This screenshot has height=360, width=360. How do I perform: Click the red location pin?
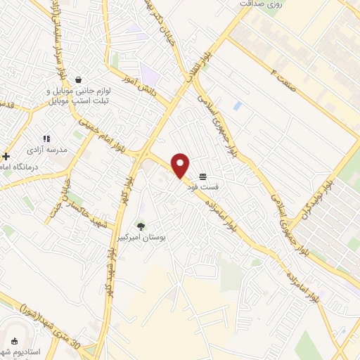coord(181,165)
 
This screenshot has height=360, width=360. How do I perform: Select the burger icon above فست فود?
coord(202,176)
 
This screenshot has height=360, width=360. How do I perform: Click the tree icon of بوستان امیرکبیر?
coord(141,227)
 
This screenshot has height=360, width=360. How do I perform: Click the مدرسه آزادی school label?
coord(39,150)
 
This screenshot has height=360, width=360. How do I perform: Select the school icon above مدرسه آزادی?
coord(46,139)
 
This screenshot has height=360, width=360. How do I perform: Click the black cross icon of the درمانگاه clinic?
coord(6,156)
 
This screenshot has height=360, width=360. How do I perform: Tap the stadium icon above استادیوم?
coord(14,340)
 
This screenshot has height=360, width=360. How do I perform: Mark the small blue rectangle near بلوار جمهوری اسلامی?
coord(237,106)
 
